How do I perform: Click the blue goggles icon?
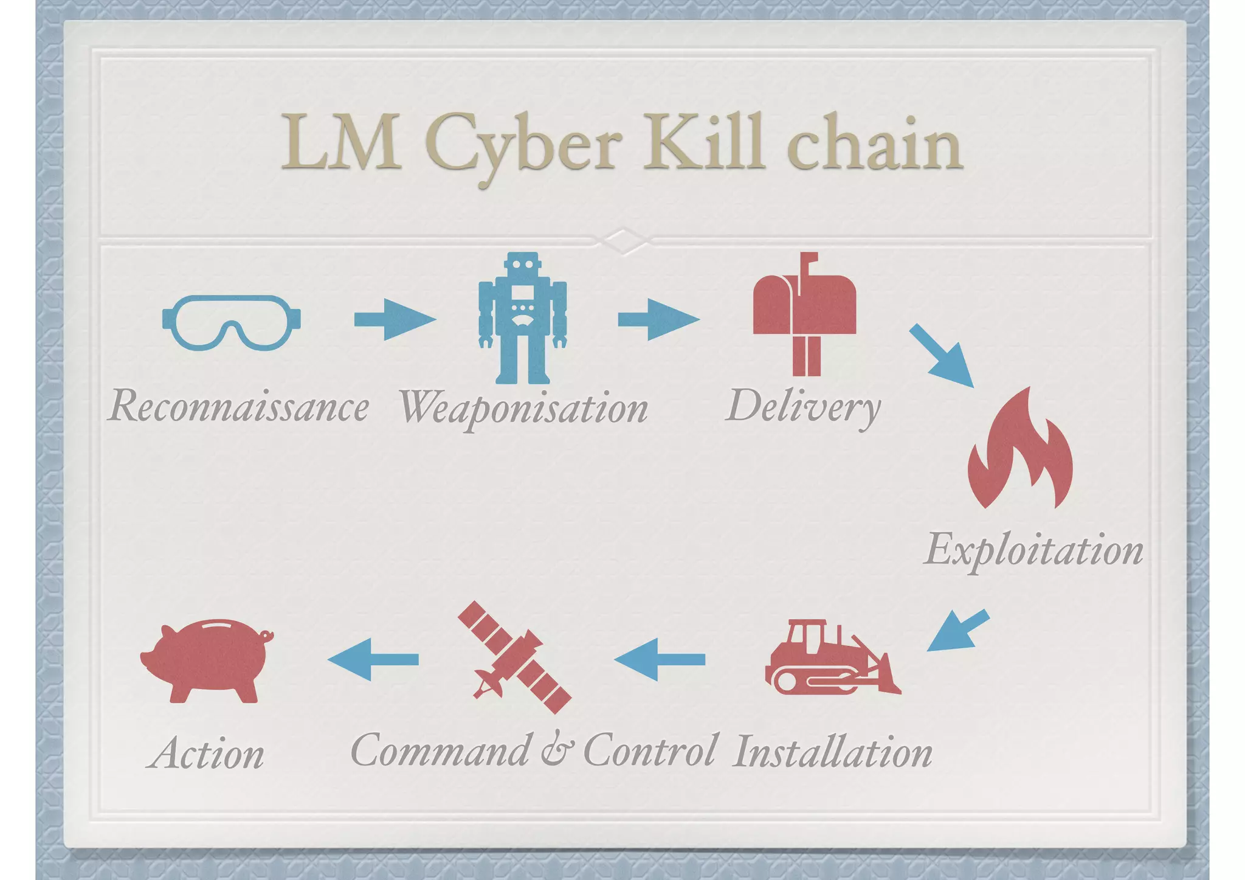coord(231,322)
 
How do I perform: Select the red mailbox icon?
coord(804,314)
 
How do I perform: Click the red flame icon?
coord(1020,450)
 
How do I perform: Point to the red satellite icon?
coord(514,657)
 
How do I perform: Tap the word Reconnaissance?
coord(238,406)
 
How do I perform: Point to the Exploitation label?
coord(1033,550)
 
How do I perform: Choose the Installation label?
coord(832,753)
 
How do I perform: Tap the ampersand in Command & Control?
coord(556,750)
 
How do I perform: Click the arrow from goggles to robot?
coord(395,319)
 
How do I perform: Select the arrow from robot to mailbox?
coord(658,319)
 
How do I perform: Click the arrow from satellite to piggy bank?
coord(373,659)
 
